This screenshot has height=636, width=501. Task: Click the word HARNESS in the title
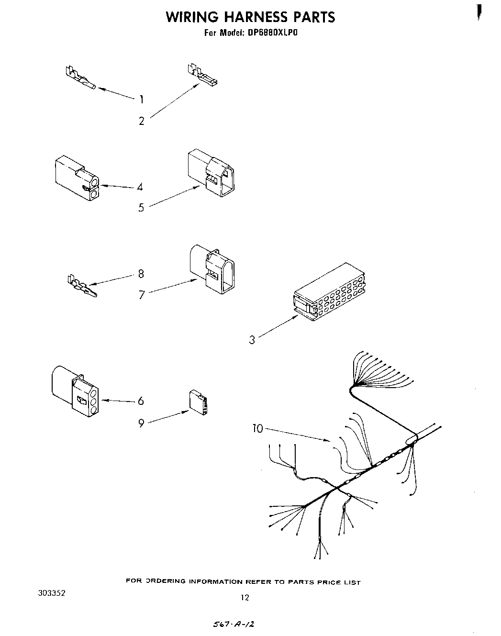(251, 17)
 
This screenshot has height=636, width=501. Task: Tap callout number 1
(142, 100)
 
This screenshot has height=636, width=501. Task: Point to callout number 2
(142, 121)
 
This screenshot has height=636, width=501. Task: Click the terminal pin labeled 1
(80, 78)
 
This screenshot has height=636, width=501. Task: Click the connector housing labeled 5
(212, 172)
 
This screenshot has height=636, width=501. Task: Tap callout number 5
(141, 208)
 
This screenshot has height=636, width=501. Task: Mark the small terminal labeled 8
(81, 287)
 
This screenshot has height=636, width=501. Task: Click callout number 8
(141, 274)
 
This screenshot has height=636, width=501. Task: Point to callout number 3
(252, 340)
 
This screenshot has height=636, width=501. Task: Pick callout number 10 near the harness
(257, 428)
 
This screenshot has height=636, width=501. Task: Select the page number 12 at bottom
(245, 597)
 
